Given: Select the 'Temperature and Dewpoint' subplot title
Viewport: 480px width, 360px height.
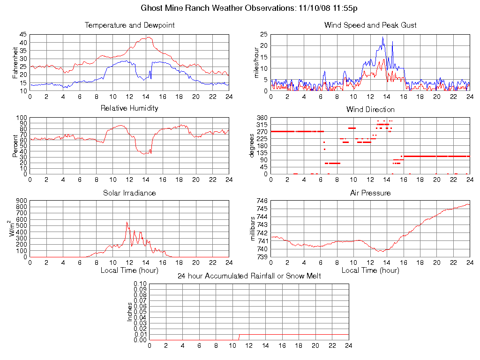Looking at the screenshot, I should (129, 25).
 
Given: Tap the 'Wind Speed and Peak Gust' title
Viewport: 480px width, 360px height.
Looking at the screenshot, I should (370, 25).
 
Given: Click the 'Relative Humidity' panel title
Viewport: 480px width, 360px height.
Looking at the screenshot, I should (129, 108).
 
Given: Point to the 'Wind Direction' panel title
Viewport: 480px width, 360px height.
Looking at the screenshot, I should (370, 110).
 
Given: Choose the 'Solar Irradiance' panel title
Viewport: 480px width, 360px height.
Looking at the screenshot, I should (129, 193).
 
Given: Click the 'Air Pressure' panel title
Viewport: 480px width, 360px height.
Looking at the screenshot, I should (370, 193).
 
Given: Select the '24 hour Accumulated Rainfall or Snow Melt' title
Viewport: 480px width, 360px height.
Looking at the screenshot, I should (249, 276).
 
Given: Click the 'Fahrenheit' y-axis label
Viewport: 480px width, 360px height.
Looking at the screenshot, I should (15, 62).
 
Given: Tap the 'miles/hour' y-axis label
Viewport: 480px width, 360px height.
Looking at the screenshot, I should (256, 62).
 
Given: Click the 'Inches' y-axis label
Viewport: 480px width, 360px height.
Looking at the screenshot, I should (130, 312).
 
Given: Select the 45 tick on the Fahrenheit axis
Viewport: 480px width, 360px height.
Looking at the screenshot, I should (23, 34).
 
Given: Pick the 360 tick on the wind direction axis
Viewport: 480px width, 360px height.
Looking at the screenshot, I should (262, 118).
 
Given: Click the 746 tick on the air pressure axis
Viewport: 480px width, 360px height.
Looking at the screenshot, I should (262, 201).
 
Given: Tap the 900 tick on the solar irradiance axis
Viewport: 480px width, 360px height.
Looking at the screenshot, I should (21, 201).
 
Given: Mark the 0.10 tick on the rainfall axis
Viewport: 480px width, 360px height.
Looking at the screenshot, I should (140, 284).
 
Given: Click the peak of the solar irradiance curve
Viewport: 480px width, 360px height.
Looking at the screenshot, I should (127, 222).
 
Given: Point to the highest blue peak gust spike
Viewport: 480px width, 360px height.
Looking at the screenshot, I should (382, 37).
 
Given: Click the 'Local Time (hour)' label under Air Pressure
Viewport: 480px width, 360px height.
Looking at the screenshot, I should (370, 270).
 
